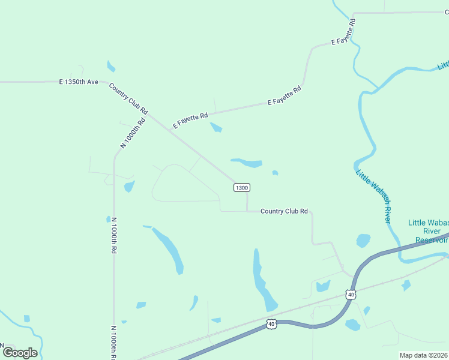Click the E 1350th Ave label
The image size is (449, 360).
[79, 82]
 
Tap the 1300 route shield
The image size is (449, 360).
[241, 188]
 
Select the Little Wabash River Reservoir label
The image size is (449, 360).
[429, 231]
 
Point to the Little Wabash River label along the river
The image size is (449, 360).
[373, 195]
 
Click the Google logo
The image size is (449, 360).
[19, 352]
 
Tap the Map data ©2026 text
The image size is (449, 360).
[423, 355]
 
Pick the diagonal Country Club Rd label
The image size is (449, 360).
[128, 98]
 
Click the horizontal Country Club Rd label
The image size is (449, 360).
[284, 211]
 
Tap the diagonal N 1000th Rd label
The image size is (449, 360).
[133, 133]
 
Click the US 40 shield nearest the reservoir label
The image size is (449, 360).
[351, 294]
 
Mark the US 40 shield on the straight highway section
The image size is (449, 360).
[271, 324]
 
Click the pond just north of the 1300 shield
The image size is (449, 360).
[247, 162]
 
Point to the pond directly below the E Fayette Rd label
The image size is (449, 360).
[216, 127]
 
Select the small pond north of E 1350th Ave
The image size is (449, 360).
[111, 66]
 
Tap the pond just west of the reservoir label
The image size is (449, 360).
[363, 241]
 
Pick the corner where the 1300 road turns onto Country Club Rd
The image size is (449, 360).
[247, 211]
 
